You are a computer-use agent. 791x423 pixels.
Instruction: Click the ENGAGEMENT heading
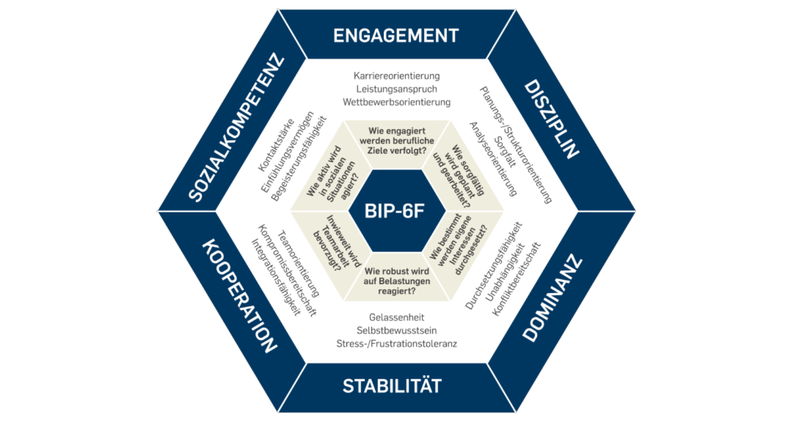coord(396,36)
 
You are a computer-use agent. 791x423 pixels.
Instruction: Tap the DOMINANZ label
coord(552,300)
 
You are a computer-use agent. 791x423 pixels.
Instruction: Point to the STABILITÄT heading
coord(392,386)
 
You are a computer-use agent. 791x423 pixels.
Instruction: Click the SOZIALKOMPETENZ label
coord(237,128)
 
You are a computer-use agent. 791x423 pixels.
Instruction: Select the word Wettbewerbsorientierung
coord(396,101)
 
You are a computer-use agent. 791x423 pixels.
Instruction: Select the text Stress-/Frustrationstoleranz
coord(396,343)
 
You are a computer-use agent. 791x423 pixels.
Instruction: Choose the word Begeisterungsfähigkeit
coord(299,159)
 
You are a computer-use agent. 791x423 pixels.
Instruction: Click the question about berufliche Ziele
coord(396,141)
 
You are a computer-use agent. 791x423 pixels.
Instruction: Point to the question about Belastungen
coord(396,282)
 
